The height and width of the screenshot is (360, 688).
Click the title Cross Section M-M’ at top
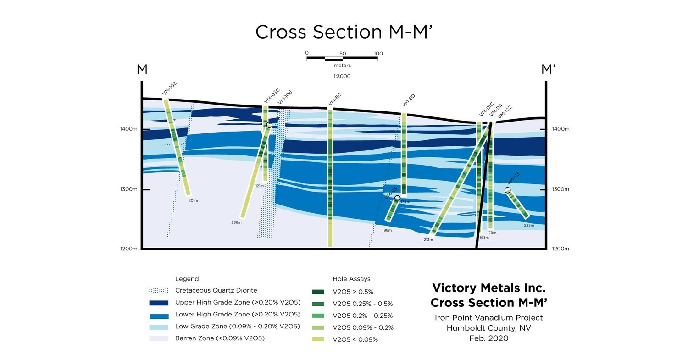pyautogui.click(x=344, y=32)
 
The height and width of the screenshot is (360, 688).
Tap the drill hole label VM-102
pyautogui.click(x=169, y=89)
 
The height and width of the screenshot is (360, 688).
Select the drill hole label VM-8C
pyautogui.click(x=335, y=99)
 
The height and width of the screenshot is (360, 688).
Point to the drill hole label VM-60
pyautogui.click(x=408, y=100)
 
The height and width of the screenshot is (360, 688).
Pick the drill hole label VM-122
pyautogui.click(x=505, y=112)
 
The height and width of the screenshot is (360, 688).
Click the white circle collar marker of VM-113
pyautogui.click(x=507, y=190)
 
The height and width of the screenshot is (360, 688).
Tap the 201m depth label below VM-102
pyautogui.click(x=193, y=200)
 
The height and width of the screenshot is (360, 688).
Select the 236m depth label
pyautogui.click(x=236, y=222)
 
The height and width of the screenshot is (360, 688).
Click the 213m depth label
pyautogui.click(x=428, y=239)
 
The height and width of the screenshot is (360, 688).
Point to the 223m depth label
pyautogui.click(x=529, y=225)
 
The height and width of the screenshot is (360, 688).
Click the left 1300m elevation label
pyautogui.click(x=129, y=189)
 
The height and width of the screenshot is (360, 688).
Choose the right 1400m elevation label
pyautogui.click(x=560, y=129)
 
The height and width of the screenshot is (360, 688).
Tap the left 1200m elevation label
pyautogui.click(x=129, y=249)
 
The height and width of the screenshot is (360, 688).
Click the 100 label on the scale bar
pyautogui.click(x=378, y=54)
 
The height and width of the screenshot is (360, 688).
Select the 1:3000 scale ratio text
pyautogui.click(x=342, y=76)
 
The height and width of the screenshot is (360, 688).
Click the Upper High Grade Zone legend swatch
pyautogui.click(x=159, y=303)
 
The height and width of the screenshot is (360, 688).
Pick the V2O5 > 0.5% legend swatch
pyautogui.click(x=317, y=292)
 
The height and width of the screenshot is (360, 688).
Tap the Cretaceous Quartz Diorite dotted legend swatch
pyautogui.click(x=159, y=291)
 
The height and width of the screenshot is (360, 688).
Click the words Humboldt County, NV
pyautogui.click(x=488, y=328)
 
